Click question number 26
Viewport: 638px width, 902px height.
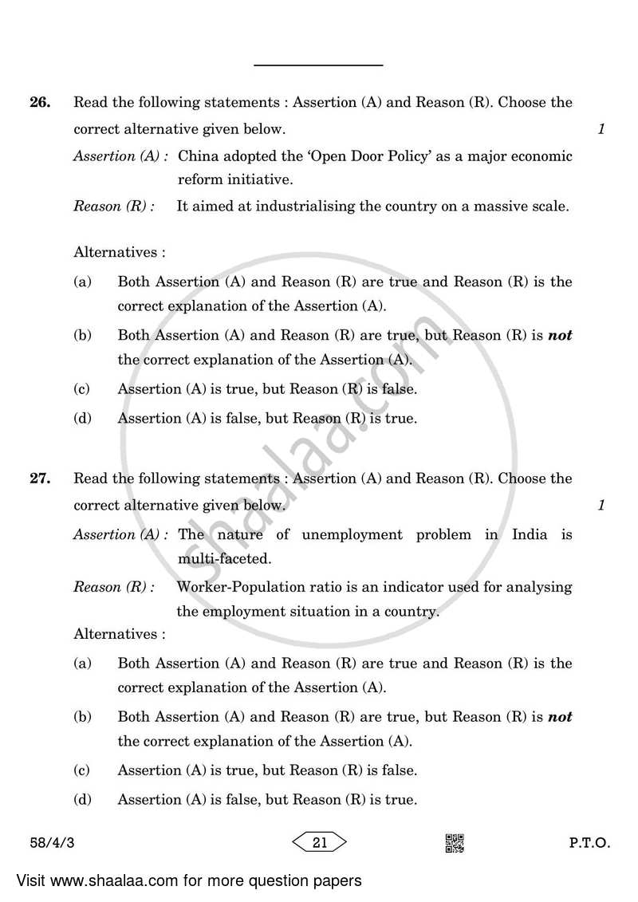point(40,103)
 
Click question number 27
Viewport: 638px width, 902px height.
point(40,479)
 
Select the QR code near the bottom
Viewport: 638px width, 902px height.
point(455,843)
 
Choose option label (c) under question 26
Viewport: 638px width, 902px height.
point(81,389)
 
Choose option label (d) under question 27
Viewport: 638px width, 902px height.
point(81,799)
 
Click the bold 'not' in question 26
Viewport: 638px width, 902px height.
point(560,336)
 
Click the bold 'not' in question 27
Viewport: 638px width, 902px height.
point(560,717)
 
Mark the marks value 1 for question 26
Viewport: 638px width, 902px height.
point(601,129)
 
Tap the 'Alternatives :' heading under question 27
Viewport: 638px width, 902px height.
point(120,634)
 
